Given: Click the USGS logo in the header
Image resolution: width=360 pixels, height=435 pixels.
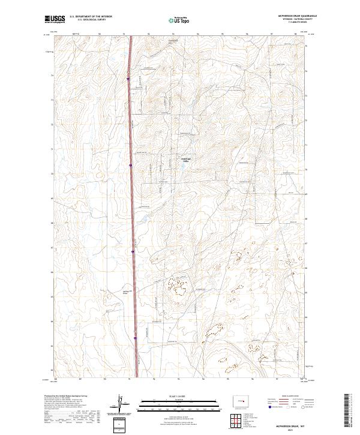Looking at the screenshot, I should [x=55, y=19].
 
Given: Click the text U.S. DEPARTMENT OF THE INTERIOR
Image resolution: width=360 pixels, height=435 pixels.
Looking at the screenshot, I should [x=91, y=17].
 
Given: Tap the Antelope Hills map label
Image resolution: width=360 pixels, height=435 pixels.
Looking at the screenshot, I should [x=186, y=160].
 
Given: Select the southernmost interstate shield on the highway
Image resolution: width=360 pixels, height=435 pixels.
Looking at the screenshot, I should [x=136, y=339].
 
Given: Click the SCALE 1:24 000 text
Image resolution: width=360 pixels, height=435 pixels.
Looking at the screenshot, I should [x=179, y=395].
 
